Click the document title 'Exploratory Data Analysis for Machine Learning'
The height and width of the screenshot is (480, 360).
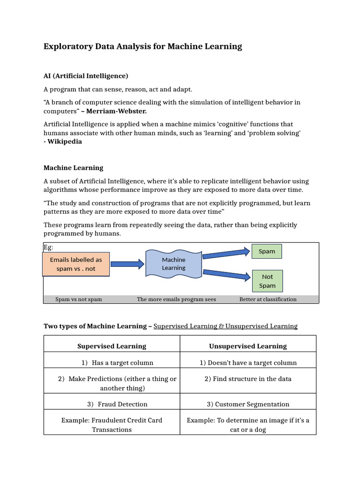(143, 46)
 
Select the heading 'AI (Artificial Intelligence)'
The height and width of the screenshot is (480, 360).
(86, 75)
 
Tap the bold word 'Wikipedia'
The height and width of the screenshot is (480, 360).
(65, 141)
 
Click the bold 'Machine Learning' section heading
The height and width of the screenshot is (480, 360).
(74, 167)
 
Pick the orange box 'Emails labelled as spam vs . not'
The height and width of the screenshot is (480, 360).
(76, 264)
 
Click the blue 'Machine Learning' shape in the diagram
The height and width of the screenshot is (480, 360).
(173, 264)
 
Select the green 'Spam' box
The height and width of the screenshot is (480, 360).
(267, 251)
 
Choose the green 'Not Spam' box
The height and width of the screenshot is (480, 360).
(267, 281)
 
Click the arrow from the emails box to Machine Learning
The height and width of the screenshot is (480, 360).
(127, 264)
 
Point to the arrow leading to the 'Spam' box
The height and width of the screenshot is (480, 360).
(226, 254)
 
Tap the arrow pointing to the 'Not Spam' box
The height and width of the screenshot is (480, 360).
(226, 274)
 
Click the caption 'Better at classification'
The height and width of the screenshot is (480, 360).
(268, 299)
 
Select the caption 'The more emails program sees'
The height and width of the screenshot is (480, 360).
(176, 299)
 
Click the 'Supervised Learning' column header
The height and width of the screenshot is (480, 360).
(112, 346)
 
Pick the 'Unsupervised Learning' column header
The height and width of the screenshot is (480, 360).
(248, 346)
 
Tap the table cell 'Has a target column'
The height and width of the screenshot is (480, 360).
(122, 362)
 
